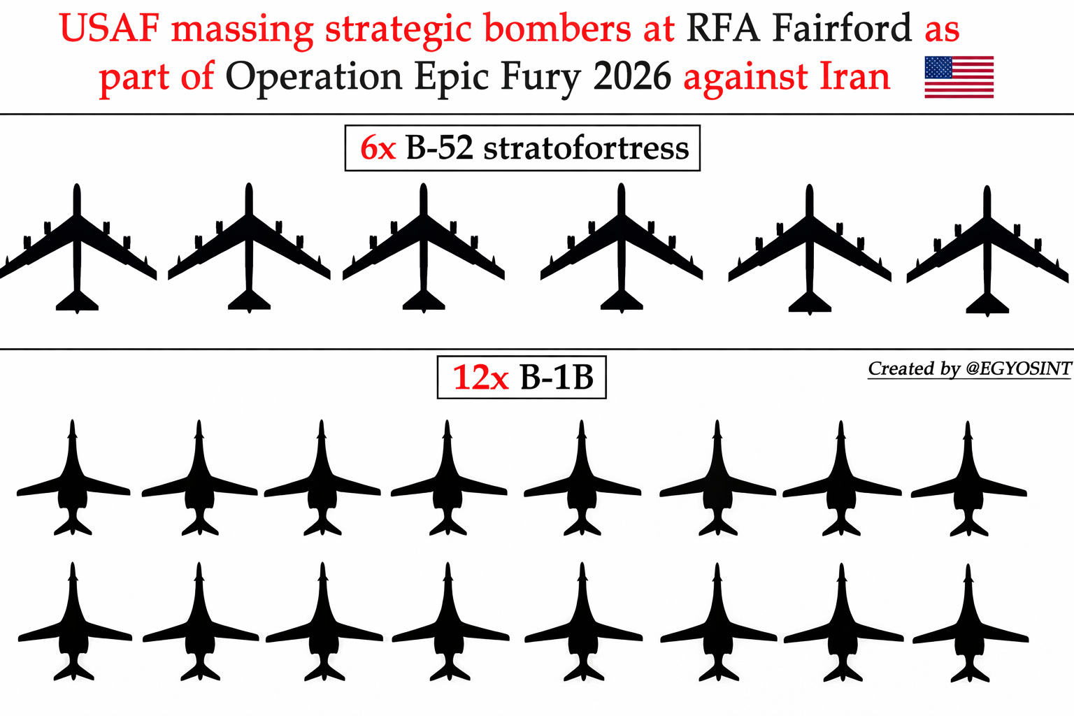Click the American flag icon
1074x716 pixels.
(x=959, y=77)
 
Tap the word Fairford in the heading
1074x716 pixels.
(x=842, y=29)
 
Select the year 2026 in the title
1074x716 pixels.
(x=632, y=77)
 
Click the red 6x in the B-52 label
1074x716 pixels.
(x=378, y=148)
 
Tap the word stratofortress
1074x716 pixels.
(x=586, y=148)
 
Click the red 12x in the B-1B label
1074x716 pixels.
(x=480, y=378)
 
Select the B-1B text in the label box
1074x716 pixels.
(x=557, y=378)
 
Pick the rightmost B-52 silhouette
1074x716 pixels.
(x=987, y=252)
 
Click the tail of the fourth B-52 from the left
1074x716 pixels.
(x=622, y=301)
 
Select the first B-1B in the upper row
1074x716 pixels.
(x=73, y=482)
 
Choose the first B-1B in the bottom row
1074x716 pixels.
(x=74, y=626)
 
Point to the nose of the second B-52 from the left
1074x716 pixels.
(x=249, y=190)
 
